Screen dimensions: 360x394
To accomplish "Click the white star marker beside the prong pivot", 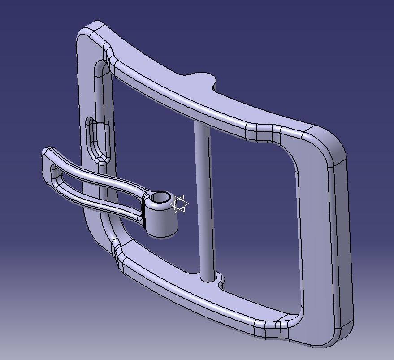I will point(180,204).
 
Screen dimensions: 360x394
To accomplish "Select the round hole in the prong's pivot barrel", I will point(160,197).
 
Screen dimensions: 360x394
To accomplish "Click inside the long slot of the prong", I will point(90,184).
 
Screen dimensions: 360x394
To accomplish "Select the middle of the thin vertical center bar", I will point(203,197).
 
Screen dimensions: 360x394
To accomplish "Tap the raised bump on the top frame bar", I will point(202,79).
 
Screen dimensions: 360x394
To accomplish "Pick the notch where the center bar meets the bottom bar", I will point(220,281).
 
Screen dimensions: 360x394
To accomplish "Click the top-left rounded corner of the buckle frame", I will point(90,34).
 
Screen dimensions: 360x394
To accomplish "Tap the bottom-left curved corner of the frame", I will point(101,233).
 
